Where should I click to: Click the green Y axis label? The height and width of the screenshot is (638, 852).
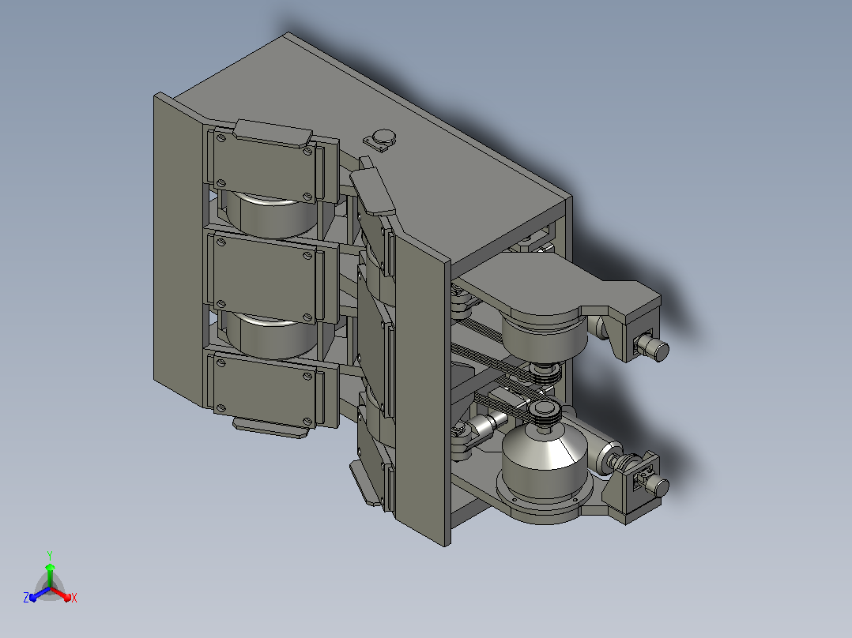click(x=50, y=556)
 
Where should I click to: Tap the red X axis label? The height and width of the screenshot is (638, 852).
click(x=74, y=598)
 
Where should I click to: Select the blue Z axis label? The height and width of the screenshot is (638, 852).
click(x=26, y=598)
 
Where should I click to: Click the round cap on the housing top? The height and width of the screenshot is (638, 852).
click(x=383, y=137)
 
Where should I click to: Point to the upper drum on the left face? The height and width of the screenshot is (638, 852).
click(x=270, y=215)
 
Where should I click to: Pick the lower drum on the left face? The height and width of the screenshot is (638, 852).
click(x=270, y=336)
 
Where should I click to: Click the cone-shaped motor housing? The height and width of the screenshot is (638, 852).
click(x=544, y=456)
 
